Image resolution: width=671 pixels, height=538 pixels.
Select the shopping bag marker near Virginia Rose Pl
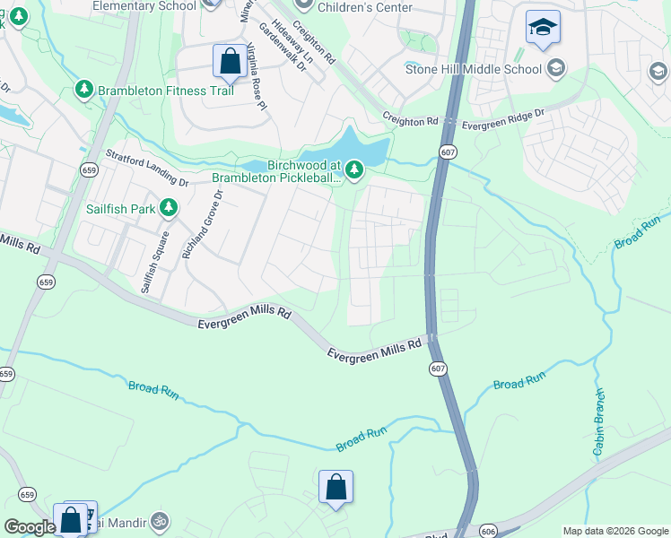pyautogui.click(x=230, y=62)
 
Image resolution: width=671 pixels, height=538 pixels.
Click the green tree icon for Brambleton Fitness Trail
pyautogui.click(x=84, y=89)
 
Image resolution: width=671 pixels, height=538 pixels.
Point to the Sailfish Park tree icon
pyautogui.click(x=167, y=209)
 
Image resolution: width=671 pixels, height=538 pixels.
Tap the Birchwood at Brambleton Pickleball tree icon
pyautogui.click(x=355, y=169)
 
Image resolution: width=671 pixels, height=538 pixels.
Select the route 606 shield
pyautogui.click(x=487, y=531)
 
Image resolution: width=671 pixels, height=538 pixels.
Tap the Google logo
pyautogui.click(x=29, y=527)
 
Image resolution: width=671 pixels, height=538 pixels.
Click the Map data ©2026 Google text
pyautogui.click(x=614, y=531)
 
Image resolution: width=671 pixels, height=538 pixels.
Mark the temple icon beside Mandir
pyautogui.click(x=159, y=520)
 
